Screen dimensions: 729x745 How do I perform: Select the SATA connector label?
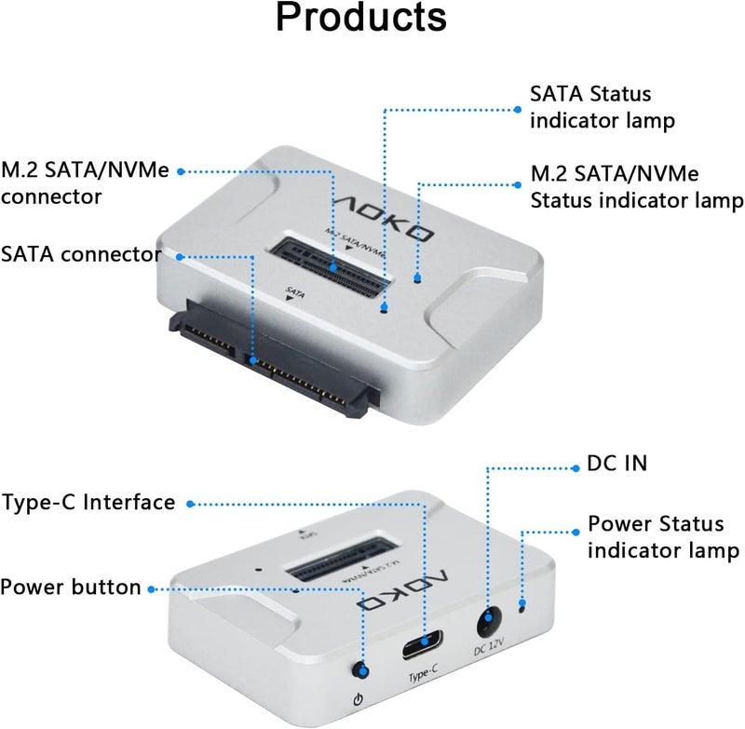pyautogui.click(x=81, y=253)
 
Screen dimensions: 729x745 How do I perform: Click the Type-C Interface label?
pyautogui.click(x=88, y=503)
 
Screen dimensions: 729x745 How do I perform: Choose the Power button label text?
pyautogui.click(x=71, y=587)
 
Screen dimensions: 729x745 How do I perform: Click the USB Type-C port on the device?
pyautogui.click(x=428, y=641)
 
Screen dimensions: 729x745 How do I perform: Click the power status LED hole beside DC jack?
pyautogui.click(x=522, y=608)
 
